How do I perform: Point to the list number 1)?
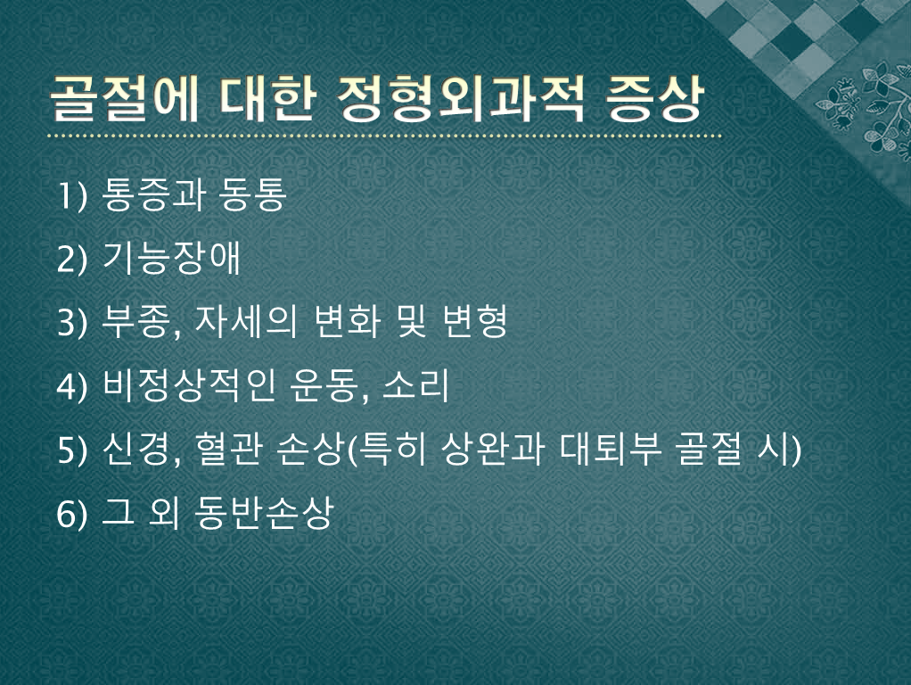72,195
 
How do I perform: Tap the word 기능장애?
171,258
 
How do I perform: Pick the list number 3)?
72,323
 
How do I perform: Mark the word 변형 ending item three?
474,322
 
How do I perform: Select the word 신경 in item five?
135,450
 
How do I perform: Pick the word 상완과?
491,450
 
